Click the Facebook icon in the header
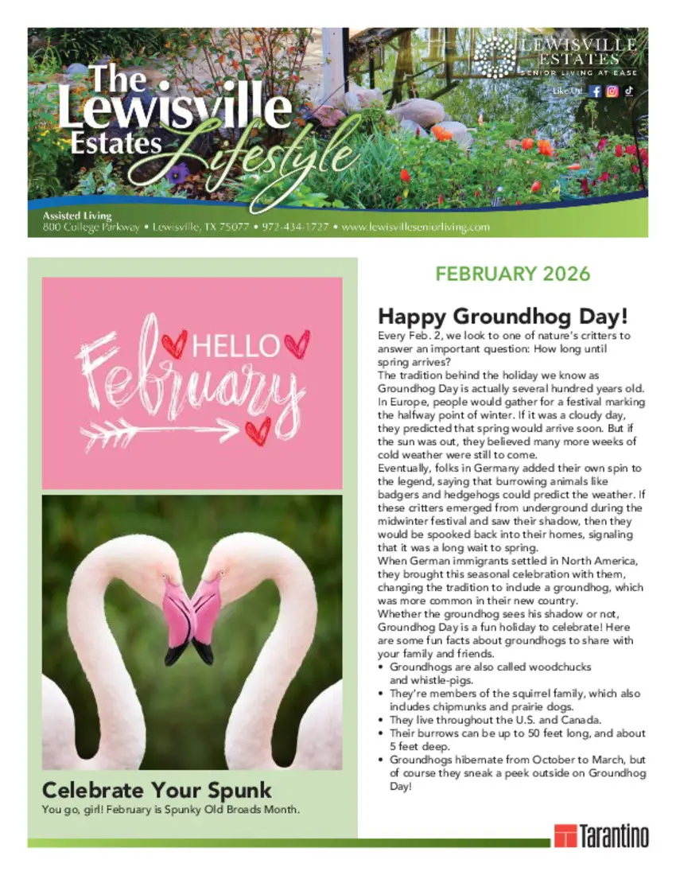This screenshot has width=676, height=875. (595, 91)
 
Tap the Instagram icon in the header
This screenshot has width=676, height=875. (612, 91)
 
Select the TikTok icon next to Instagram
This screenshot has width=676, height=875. (628, 91)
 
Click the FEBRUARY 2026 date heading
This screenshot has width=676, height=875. (512, 274)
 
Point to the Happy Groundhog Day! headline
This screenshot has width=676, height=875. (503, 316)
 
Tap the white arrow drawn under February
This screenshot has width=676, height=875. (159, 431)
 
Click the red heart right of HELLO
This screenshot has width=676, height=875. (297, 344)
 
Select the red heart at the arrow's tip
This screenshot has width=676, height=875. (257, 430)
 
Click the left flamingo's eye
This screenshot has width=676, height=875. (165, 574)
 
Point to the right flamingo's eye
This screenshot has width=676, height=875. (222, 573)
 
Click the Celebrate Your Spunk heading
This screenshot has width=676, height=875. (157, 790)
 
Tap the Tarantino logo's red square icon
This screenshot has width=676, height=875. (565, 835)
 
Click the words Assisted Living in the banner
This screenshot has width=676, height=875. (77, 216)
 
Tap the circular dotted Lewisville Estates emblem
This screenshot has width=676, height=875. (495, 57)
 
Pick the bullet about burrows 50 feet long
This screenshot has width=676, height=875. (517, 739)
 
